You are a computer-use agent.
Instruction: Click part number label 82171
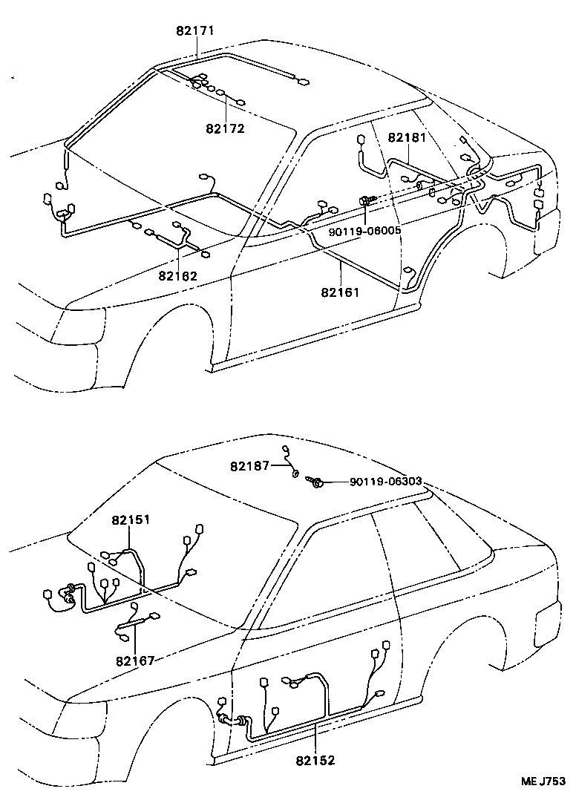coord(196,32)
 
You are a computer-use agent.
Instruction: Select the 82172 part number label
coord(226,128)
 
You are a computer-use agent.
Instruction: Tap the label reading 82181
coord(408,137)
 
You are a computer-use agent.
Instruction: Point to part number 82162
coord(177,275)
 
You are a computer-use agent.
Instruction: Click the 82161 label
coord(340,292)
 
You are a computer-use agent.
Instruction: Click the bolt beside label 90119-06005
coord(367,200)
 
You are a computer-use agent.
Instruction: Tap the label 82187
coord(250,466)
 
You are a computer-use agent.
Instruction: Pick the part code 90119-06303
coord(385,482)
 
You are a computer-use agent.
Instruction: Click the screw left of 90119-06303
coord(316,482)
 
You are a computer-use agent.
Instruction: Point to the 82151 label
coord(131,520)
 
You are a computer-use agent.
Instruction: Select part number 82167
coord(134,661)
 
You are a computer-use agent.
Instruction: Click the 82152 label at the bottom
coord(315,760)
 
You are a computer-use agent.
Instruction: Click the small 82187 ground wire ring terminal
coord(295,473)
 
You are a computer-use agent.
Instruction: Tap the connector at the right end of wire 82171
coord(302,83)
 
